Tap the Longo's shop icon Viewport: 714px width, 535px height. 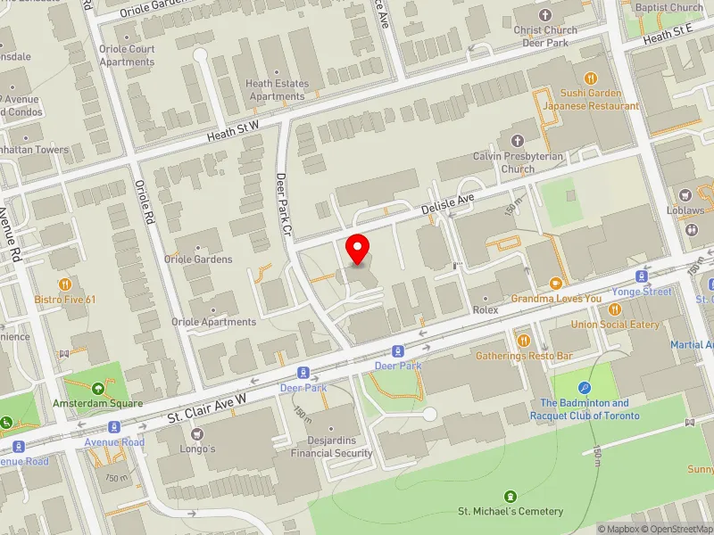pyautogui.click(x=197, y=433)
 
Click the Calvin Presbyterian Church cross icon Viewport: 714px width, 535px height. pyautogui.click(x=518, y=140)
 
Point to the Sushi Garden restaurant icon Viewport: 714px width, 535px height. pyautogui.click(x=590, y=78)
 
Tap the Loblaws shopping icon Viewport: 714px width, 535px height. pyautogui.click(x=685, y=195)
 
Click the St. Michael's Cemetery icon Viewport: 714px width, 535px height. pyautogui.click(x=511, y=496)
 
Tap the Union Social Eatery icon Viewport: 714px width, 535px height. pyautogui.click(x=615, y=309)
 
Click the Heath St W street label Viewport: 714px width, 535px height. pyautogui.click(x=233, y=131)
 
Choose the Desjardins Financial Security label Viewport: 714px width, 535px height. pyautogui.click(x=331, y=446)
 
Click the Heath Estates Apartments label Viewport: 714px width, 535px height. pyautogui.click(x=277, y=90)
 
